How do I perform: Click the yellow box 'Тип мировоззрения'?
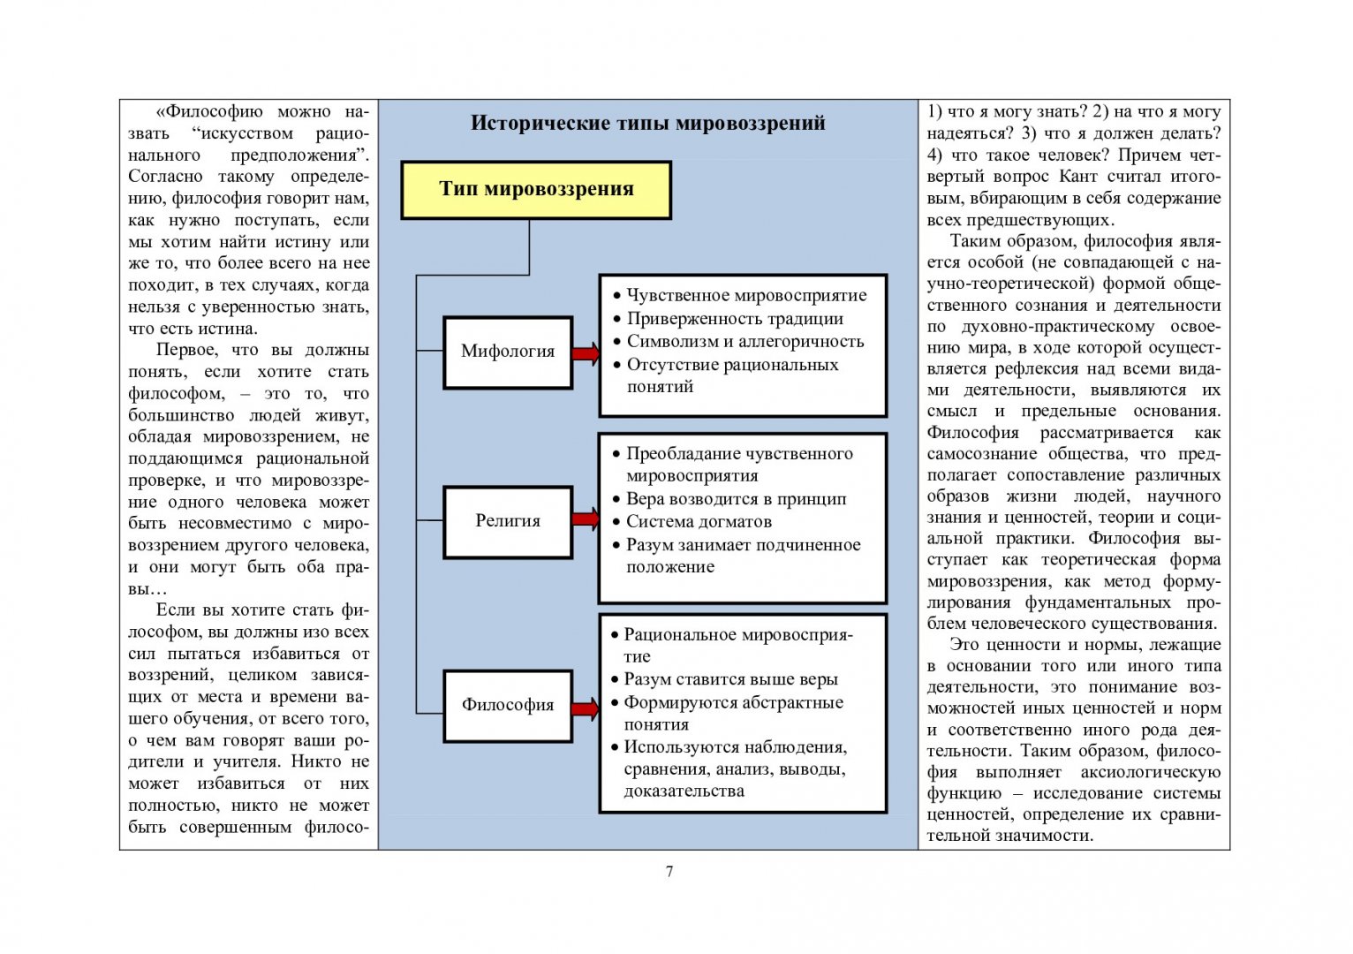point(536,189)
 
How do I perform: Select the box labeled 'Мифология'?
point(508,352)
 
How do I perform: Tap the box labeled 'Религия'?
point(508,521)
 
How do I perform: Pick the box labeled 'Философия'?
point(508,705)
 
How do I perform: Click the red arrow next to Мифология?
point(586,353)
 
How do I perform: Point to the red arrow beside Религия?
point(586,519)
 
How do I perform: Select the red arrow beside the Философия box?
point(586,708)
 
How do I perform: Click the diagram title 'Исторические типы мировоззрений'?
point(647,123)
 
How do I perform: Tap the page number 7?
point(669,872)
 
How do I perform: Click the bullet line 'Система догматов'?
point(699,522)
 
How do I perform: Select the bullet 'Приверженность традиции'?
point(735,319)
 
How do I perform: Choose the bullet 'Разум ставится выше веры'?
point(730,679)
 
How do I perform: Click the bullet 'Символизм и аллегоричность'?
point(745,342)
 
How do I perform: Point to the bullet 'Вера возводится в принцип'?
point(736,499)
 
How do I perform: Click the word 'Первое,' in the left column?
point(183,351)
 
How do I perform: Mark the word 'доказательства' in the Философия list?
point(684,791)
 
